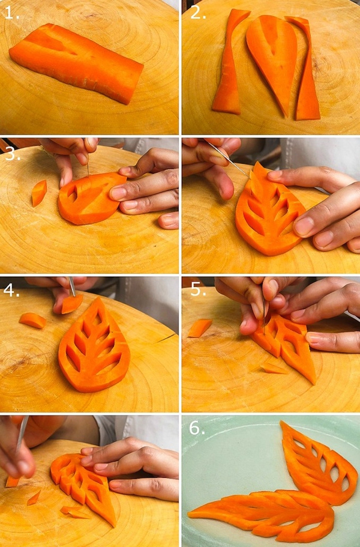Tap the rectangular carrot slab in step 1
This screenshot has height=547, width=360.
(77, 63)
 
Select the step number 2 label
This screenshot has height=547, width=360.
(197, 13)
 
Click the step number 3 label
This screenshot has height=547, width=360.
(13, 154)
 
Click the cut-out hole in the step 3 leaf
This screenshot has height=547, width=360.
(72, 193)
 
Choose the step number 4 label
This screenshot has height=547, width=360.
(11, 290)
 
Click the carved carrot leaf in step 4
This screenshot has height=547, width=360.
(94, 345)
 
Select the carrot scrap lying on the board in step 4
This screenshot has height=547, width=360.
(32, 320)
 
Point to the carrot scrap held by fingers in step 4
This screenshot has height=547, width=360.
(72, 303)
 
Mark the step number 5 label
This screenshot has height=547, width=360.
(198, 289)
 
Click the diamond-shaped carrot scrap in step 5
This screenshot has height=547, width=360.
(200, 328)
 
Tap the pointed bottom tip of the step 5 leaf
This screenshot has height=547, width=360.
(314, 383)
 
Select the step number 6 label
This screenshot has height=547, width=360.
(197, 428)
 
